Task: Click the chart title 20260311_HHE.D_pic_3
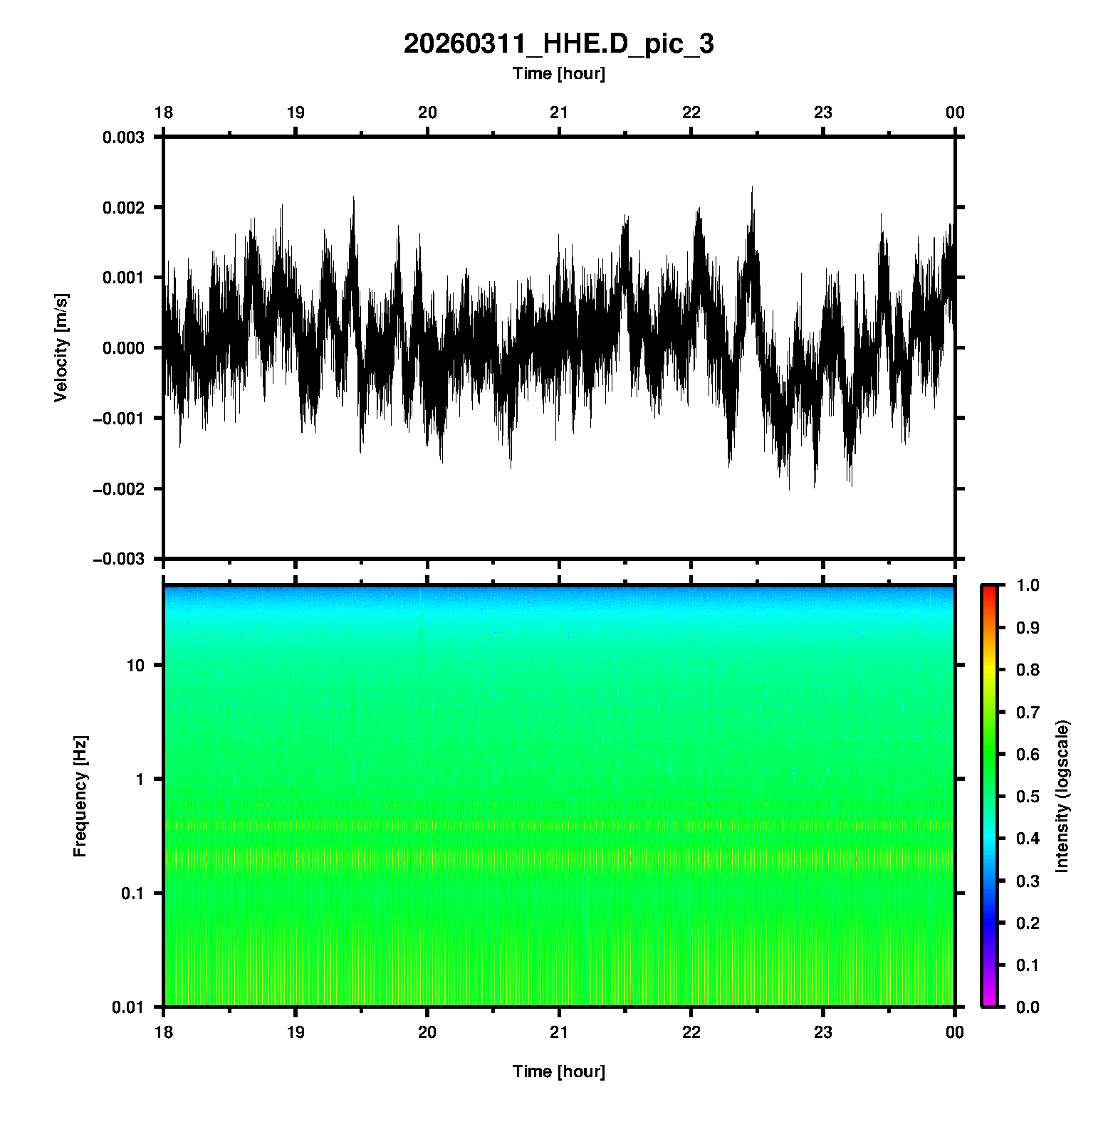tap(558, 44)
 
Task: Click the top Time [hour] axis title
tap(558, 74)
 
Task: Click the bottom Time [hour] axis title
tap(558, 1071)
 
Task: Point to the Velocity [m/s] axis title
tap(61, 347)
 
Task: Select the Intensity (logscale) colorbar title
tap(1062, 796)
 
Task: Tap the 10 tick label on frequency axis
tap(135, 666)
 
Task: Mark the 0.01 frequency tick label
tap(128, 1007)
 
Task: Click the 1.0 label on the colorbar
tap(1029, 585)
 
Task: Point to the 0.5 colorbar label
tap(1029, 796)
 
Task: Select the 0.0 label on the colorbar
tap(1029, 1007)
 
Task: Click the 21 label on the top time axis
tap(559, 112)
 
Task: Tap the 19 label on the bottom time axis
tap(296, 1032)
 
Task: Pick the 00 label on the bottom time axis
tap(955, 1032)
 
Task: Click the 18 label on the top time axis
tap(164, 112)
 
